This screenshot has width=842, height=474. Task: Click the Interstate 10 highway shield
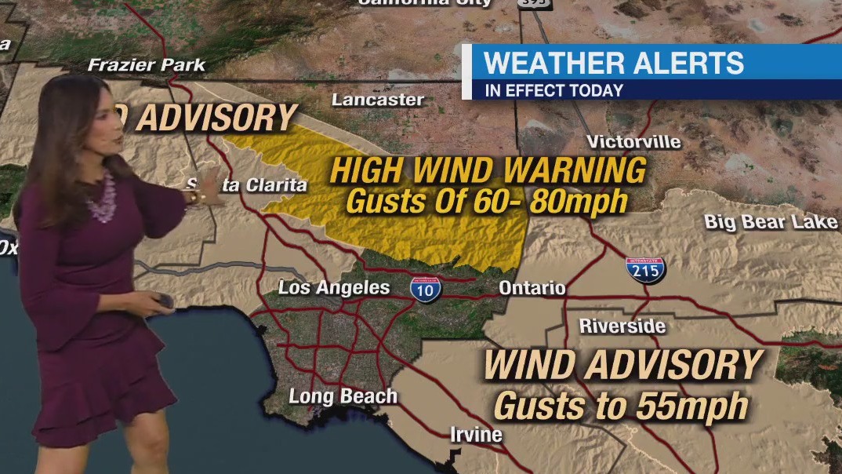pos(425,288)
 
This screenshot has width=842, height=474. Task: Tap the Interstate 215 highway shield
pos(645,269)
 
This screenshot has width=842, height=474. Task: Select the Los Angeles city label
pos(334,288)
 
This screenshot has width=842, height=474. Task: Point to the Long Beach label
pos(343,396)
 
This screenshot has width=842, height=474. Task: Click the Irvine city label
pos(476,434)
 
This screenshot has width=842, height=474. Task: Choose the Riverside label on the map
pos(622,326)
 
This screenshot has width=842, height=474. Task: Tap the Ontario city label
pos(532,288)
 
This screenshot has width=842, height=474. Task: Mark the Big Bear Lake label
pos(771,222)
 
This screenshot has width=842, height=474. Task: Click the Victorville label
pos(633,142)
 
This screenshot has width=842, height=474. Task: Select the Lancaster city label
pos(377,100)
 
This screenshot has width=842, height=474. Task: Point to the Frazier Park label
pos(147,64)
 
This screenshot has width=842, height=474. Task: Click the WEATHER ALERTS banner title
pos(614,63)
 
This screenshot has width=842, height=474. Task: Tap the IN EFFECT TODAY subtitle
pos(553,90)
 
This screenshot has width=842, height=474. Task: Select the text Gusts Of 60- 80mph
pos(487,201)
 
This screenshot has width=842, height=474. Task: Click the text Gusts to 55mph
pos(621,407)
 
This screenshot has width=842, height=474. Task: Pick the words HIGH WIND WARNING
pos(488,170)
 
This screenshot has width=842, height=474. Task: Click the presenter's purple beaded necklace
pos(101,200)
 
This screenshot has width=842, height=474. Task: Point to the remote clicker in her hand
pos(164,301)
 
